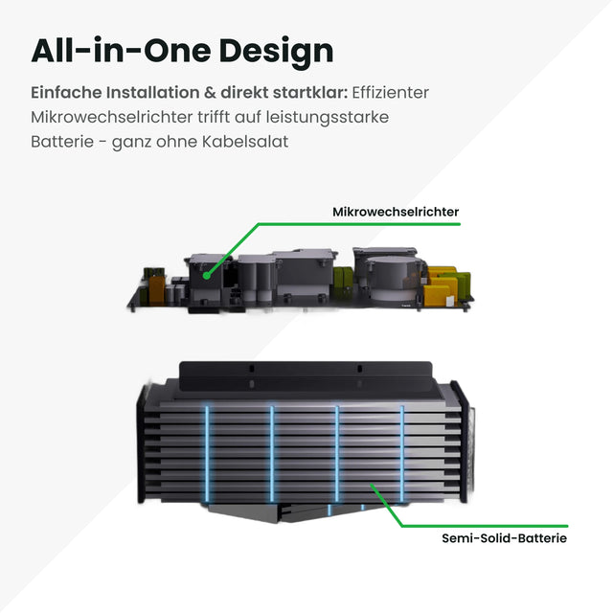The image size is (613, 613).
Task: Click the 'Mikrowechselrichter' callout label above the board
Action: coord(396,211)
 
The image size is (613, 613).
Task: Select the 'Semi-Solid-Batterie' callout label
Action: coord(505,538)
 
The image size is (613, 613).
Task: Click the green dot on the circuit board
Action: coord(207,274)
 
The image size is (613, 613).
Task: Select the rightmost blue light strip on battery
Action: coord(402,445)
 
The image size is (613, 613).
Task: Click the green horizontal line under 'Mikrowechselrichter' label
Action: coord(359,225)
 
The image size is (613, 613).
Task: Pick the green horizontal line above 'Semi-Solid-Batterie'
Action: coord(484,525)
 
